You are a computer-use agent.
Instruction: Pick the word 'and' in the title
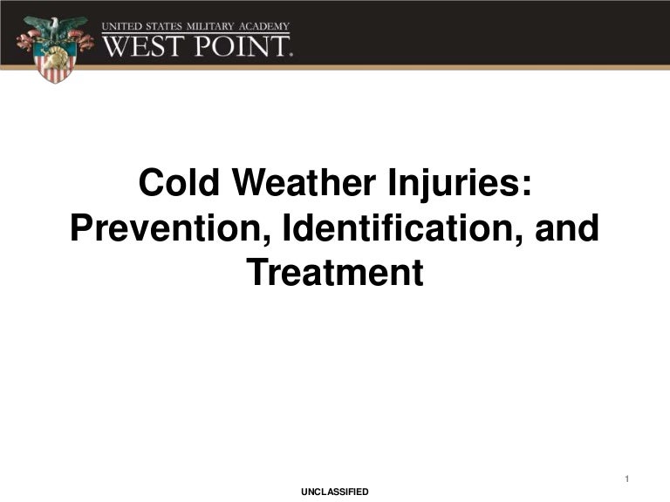pyautogui.click(x=568, y=229)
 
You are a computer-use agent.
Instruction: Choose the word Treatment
pyautogui.click(x=335, y=274)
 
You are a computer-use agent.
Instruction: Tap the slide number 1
pyautogui.click(x=627, y=479)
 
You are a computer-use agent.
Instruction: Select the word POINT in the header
pyautogui.click(x=241, y=44)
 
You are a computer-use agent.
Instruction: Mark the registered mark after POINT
pyautogui.click(x=291, y=54)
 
